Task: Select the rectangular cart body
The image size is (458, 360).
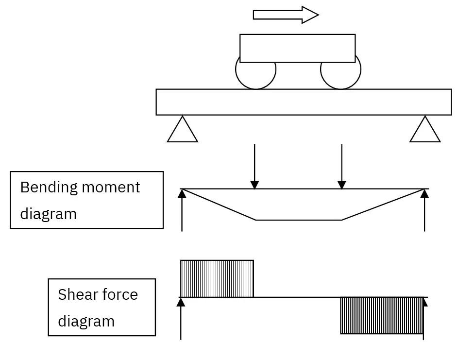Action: [297, 48]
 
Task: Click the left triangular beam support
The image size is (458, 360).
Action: [183, 130]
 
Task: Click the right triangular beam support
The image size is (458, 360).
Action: [425, 130]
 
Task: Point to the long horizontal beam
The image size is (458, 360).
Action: [304, 102]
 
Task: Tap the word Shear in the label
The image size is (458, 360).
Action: [75, 294]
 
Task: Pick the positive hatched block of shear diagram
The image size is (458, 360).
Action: [217, 278]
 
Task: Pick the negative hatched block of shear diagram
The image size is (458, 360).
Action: [382, 315]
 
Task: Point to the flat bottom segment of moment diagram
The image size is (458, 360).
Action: [299, 220]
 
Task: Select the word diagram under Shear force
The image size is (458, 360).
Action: [86, 321]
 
